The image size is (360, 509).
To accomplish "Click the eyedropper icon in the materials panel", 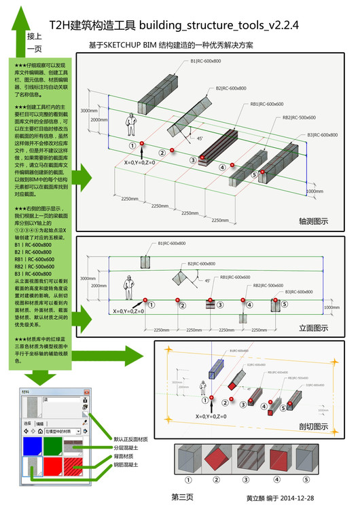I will click(x=85, y=421).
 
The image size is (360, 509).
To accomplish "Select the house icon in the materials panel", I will click(x=41, y=431).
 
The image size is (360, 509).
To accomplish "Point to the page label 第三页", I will click(x=183, y=497).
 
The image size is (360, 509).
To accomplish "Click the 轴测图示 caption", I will click(x=313, y=221).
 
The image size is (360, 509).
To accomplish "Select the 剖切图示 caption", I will click(x=313, y=426).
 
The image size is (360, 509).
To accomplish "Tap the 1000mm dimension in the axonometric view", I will click(x=314, y=191).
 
